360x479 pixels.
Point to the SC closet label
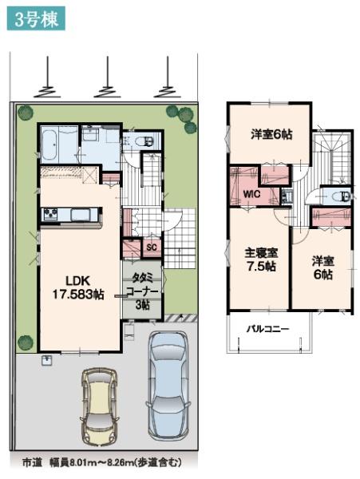[x=150, y=248]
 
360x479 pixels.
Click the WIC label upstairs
[x=251, y=192]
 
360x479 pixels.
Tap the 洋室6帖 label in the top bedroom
[x=271, y=135]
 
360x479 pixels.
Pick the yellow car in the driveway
[x=98, y=408]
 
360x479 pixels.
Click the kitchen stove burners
[x=49, y=213]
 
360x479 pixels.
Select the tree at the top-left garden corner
[x=25, y=112]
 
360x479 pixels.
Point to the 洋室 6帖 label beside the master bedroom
[x=322, y=267]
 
